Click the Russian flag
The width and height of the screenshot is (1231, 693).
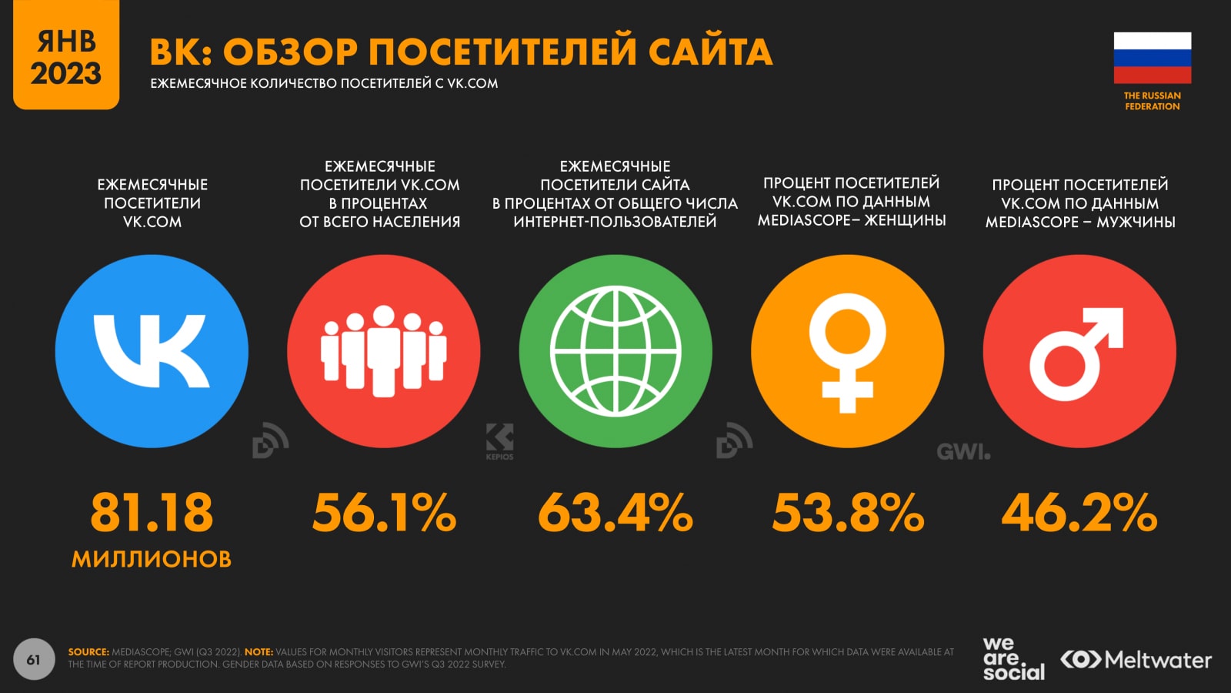[1152, 58]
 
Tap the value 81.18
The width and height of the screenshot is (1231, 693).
[152, 513]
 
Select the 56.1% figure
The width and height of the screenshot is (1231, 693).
[384, 513]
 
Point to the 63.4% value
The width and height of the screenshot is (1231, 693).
[615, 513]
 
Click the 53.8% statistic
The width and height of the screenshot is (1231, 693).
[848, 513]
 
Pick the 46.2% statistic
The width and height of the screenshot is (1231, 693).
[1079, 513]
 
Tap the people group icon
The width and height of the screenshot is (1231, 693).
[384, 351]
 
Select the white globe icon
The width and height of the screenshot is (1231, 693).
[615, 351]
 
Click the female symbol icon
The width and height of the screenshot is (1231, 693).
[847, 352]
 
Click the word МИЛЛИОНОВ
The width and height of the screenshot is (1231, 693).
[152, 559]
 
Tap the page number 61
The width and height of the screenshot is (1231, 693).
[34, 659]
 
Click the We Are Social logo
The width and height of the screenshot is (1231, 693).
[1012, 658]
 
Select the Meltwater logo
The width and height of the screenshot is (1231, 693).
[1136, 660]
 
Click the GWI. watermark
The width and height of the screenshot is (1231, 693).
[963, 452]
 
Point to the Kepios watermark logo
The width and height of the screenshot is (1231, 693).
[499, 441]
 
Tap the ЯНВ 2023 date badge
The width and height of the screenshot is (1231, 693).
[66, 56]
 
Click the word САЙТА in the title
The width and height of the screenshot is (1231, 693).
[710, 52]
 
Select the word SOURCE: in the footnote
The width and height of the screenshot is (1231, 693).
[88, 652]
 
